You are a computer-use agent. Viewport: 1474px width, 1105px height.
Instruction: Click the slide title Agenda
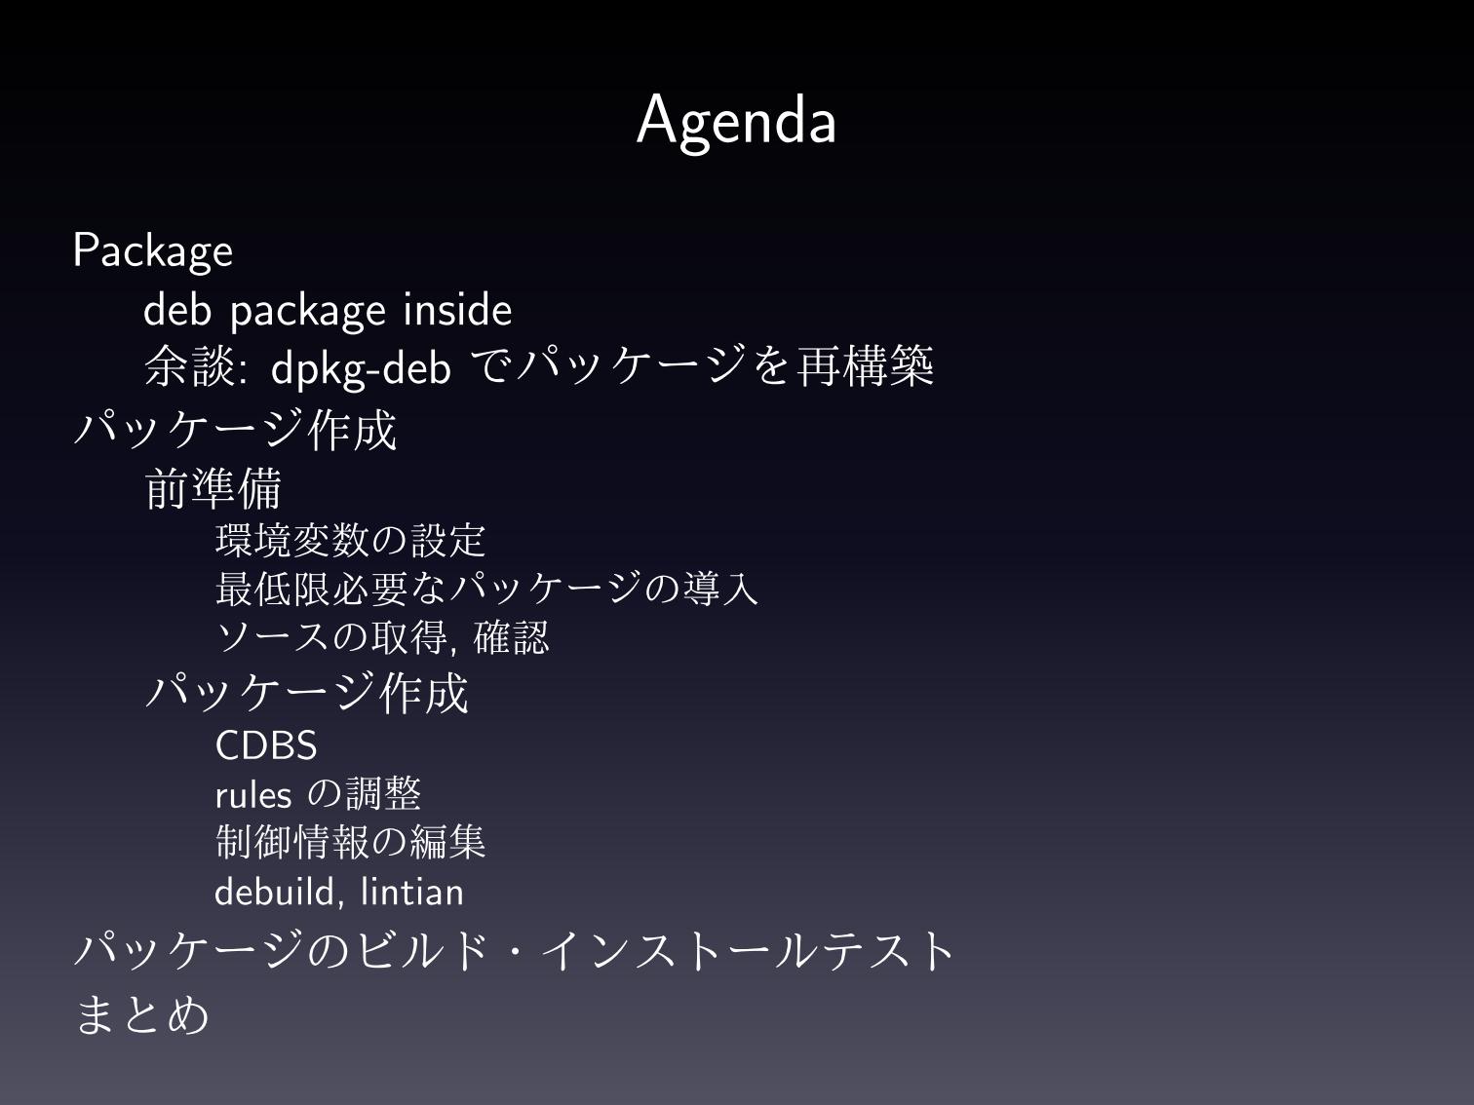(736, 122)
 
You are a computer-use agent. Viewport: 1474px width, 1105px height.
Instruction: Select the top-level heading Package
(152, 251)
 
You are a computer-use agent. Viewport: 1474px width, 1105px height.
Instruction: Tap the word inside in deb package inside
(457, 310)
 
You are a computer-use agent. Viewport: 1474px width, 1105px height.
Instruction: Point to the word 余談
(190, 366)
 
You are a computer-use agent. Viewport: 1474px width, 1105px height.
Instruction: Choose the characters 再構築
(865, 366)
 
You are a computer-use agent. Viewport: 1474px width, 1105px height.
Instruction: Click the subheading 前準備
(213, 488)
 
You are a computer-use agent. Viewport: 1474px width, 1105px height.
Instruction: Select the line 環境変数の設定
(350, 541)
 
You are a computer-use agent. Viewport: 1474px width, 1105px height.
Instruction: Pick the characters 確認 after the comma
(511, 637)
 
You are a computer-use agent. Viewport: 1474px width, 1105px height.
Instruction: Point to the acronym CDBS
(266, 745)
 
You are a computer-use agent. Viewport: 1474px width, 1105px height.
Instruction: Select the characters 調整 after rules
(383, 794)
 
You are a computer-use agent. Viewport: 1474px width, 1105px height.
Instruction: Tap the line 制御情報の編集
(350, 843)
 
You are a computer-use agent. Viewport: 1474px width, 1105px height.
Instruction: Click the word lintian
(411, 893)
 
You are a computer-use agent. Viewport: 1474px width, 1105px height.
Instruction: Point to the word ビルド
(422, 951)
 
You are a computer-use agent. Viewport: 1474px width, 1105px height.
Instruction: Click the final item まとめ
(141, 1014)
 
